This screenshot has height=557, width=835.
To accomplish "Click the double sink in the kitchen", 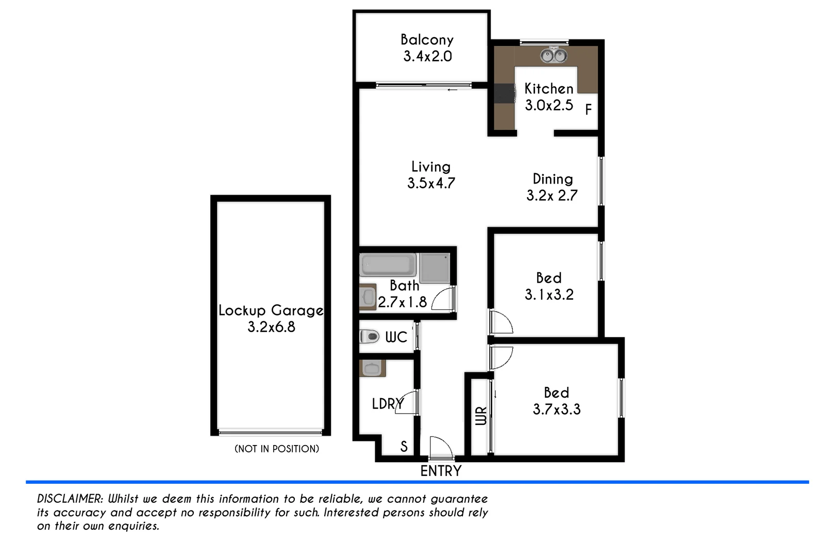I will [x=554, y=55].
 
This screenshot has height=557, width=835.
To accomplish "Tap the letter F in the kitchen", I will [x=588, y=110].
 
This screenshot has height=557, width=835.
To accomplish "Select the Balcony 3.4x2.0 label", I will [x=427, y=48].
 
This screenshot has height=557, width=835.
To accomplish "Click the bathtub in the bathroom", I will [x=388, y=265].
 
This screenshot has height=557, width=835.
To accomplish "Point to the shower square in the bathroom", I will [x=435, y=268].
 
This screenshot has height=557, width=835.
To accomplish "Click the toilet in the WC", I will [x=369, y=337].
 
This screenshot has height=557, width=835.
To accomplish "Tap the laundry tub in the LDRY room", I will [x=372, y=369].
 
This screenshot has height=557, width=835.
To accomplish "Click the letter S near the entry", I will [x=404, y=447].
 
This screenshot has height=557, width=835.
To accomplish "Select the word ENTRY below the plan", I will [x=441, y=471].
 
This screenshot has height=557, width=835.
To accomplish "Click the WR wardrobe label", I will [x=480, y=416].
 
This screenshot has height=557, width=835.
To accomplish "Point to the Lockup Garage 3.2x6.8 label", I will [x=271, y=318].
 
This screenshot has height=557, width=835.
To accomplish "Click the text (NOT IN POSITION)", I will [x=277, y=449].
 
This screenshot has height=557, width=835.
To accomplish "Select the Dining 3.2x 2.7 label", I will [x=552, y=187].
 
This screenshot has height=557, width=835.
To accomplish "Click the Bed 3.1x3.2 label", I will [x=549, y=286].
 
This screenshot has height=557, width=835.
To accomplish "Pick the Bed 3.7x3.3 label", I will [x=557, y=401].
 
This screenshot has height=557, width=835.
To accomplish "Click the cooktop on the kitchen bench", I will [x=505, y=94].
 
